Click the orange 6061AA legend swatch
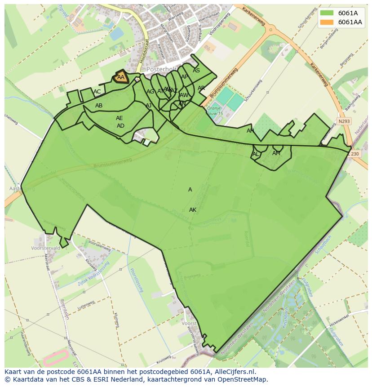click(327, 22)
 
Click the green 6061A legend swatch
click(327, 13)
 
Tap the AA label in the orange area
click(120, 77)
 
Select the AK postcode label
click(193, 210)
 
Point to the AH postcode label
click(250, 131)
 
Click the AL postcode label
click(256, 154)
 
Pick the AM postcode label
click(276, 153)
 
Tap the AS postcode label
click(196, 71)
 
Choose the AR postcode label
click(201, 88)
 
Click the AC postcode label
click(97, 92)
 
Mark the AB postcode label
click(99, 106)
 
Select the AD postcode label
click(120, 126)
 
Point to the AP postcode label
click(185, 77)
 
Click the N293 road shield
click(344, 121)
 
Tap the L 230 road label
click(354, 154)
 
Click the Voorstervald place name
click(46, 248)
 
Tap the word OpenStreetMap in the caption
click(241, 379)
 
